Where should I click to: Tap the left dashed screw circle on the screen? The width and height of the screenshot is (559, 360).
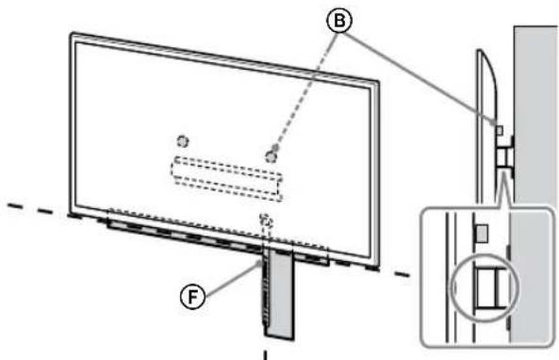(x=182, y=141)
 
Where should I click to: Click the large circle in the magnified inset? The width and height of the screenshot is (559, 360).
(x=481, y=285)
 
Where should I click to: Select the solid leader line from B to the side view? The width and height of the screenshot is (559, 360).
(x=426, y=74)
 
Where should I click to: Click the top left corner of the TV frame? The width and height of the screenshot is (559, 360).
(x=72, y=37)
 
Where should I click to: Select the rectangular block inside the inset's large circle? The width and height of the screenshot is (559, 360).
(x=486, y=286)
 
